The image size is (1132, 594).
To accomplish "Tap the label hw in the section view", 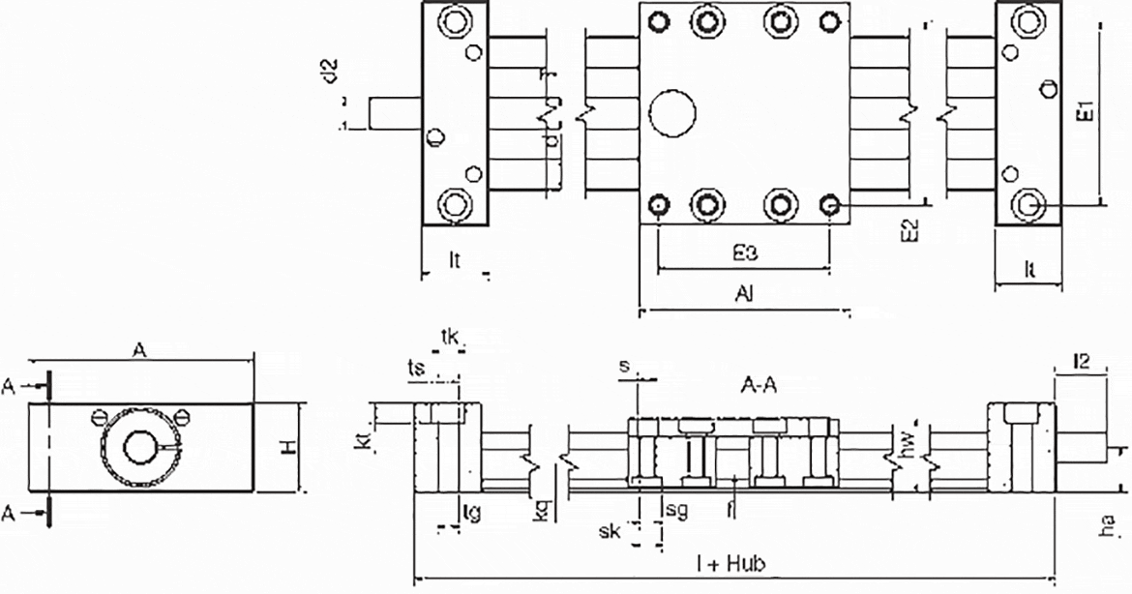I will click(x=907, y=443).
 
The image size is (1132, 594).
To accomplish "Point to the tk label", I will click(x=450, y=337).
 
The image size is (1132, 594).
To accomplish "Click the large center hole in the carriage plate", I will click(x=672, y=113).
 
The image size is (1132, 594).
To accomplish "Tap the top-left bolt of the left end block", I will click(x=454, y=21).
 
